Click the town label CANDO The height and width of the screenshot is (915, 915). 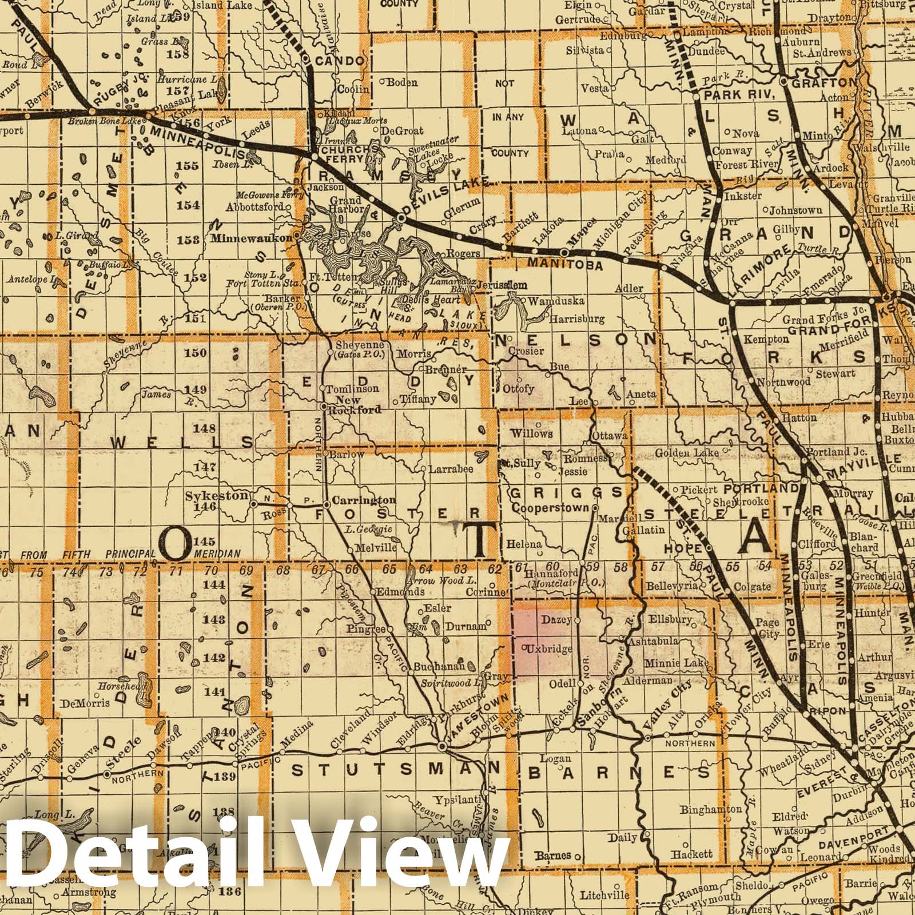tap(340, 61)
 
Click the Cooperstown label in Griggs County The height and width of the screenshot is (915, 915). tap(550, 508)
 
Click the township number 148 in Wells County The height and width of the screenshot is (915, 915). tap(204, 428)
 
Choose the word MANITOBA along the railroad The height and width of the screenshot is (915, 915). tap(564, 265)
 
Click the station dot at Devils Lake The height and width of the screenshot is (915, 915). tap(401, 218)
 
